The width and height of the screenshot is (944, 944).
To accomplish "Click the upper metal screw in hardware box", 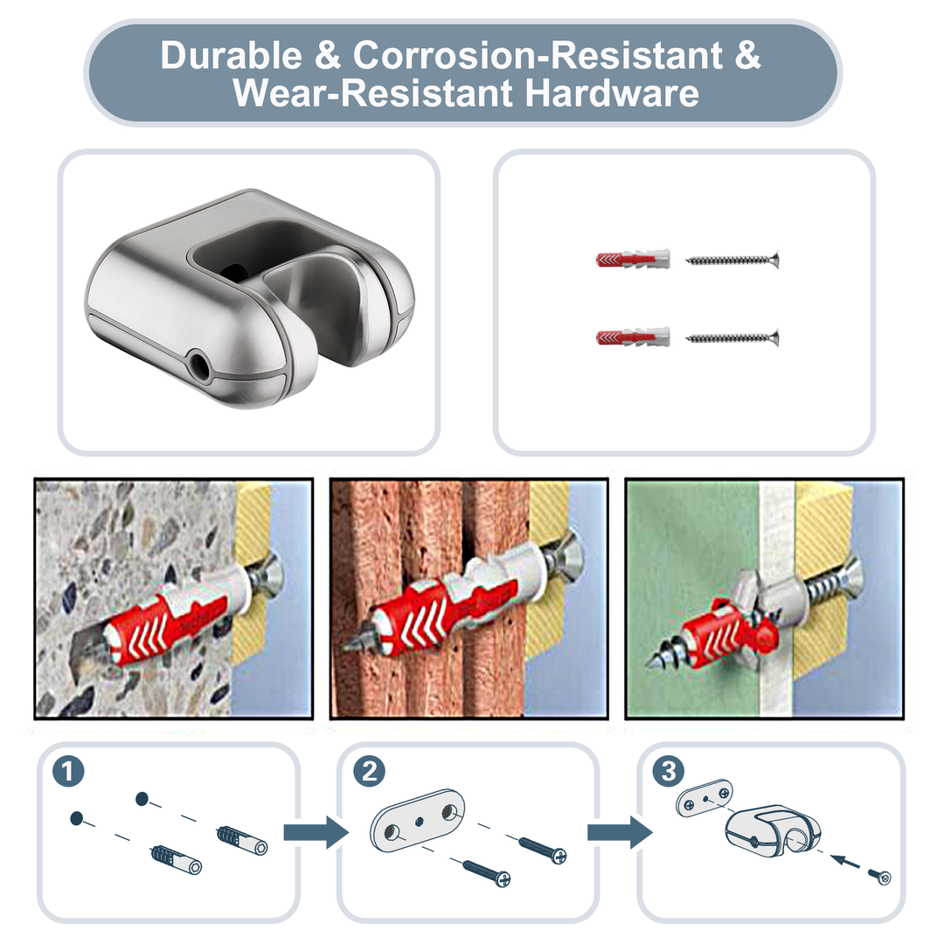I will coord(732,260).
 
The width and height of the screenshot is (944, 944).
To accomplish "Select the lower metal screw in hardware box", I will coord(732,337).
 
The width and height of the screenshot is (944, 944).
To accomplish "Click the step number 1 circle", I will coord(69,772).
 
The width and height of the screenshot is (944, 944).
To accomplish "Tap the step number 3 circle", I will coord(669,772).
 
